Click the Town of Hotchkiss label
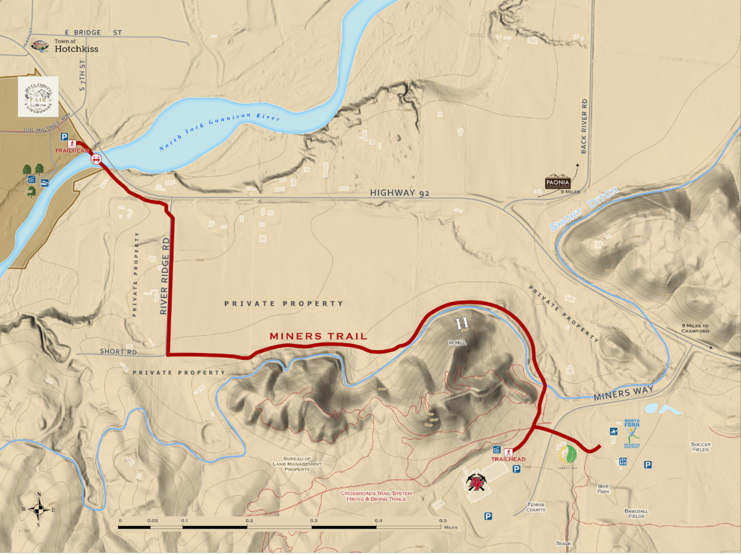[76, 46]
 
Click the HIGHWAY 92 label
[399, 193]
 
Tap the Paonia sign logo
[558, 182]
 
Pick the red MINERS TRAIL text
[318, 336]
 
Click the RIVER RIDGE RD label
[164, 276]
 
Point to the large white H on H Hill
[462, 323]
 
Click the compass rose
[38, 509]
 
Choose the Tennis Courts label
[535, 507]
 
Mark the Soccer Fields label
[700, 447]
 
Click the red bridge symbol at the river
[96, 159]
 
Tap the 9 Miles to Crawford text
[695, 328]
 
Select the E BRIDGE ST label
[93, 31]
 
